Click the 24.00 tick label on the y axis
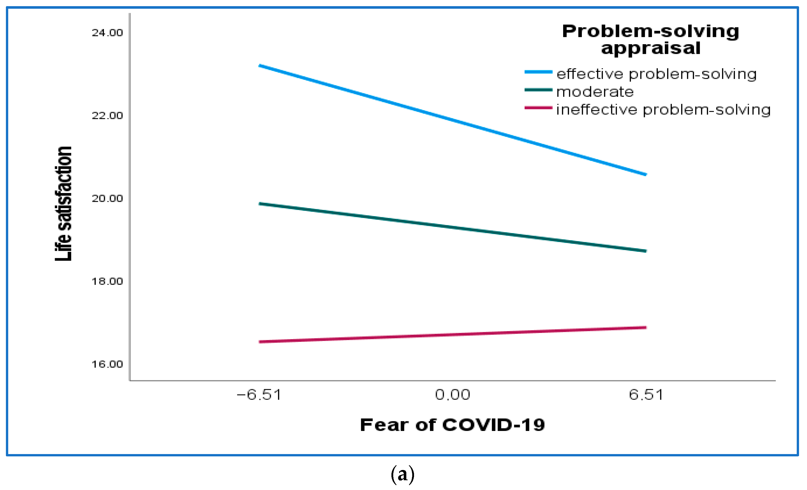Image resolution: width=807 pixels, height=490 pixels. pos(107,33)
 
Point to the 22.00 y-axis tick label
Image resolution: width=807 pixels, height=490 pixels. pos(107,116)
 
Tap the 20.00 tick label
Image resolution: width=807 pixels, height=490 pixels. pos(107,198)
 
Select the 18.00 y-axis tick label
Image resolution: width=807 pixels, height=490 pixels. pos(107,281)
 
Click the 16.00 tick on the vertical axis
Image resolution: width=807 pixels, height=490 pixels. pos(107,364)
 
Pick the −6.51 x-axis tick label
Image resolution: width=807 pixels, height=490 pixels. pos(259,395)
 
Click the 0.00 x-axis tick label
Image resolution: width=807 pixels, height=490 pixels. pos(453,395)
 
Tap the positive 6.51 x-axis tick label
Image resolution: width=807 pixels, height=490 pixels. pos(646,395)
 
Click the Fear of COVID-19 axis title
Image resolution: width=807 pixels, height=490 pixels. pos(453,425)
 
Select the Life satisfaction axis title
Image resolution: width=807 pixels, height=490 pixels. pos(63,204)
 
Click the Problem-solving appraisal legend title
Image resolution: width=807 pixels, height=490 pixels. pos(650,40)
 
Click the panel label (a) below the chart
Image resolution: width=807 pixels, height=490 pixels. pos(403,475)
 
